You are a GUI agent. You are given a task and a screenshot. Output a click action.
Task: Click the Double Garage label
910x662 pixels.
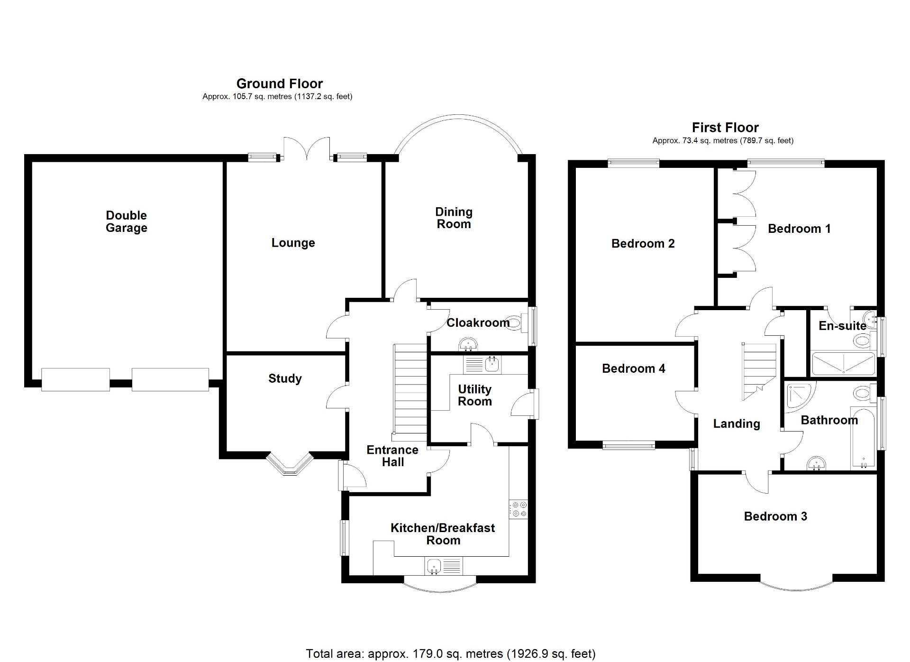[126, 221]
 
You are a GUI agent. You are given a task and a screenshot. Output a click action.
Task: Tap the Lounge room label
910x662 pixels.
[293, 243]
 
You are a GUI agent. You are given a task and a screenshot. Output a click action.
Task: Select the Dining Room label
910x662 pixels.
[454, 218]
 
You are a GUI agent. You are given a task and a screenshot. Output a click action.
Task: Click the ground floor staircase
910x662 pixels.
[410, 389]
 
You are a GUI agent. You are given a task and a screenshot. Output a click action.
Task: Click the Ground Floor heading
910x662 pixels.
[279, 84]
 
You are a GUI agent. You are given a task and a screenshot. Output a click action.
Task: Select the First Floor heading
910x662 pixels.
[725, 128]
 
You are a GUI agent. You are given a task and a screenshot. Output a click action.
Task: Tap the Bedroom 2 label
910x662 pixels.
[643, 244]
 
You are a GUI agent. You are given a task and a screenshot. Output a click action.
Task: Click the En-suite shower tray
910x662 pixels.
[843, 364]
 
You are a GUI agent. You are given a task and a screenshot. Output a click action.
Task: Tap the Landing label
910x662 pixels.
[736, 424]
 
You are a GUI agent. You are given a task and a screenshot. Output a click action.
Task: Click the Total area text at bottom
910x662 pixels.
[450, 654]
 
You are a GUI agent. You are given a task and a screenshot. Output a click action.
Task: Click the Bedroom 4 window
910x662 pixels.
[628, 445]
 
